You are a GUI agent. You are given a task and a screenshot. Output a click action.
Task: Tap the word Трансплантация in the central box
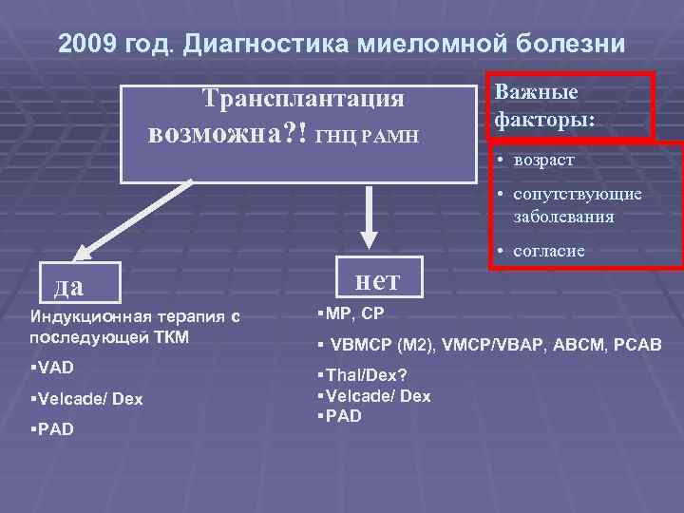(303, 99)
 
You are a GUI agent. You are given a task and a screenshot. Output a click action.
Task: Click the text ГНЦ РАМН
(367, 136)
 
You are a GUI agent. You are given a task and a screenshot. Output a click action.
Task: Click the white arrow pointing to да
(128, 220)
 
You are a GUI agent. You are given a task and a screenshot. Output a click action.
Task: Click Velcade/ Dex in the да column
(86, 399)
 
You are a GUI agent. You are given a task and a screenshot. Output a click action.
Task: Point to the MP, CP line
(351, 313)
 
